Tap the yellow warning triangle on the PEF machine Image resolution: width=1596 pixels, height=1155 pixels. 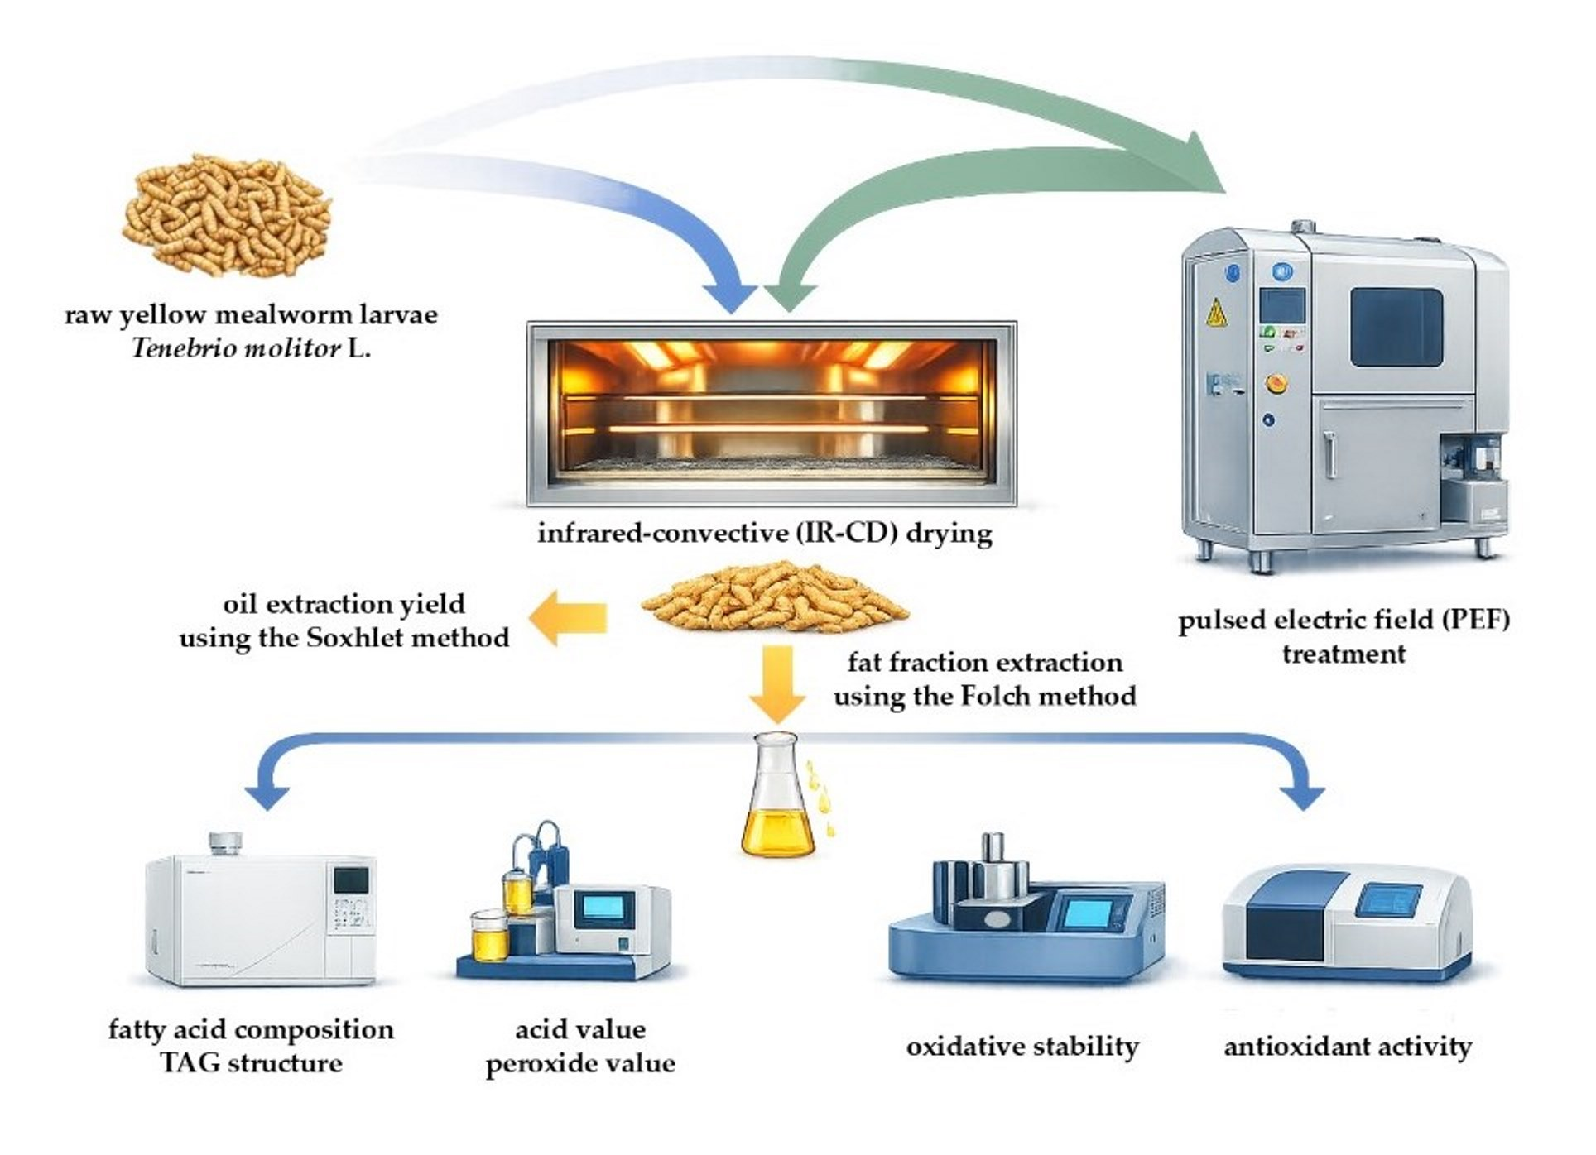[x=1216, y=313]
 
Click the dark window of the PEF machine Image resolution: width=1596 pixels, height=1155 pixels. [x=1396, y=328]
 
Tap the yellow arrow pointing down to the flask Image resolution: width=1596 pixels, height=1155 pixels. [x=777, y=684]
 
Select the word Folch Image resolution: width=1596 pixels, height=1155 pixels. [x=996, y=696]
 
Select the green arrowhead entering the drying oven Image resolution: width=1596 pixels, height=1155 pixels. [x=790, y=297]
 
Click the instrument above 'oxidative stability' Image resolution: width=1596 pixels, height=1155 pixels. [x=1026, y=918]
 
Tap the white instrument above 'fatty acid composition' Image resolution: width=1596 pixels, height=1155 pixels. [x=261, y=918]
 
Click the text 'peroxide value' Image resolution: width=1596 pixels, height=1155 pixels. [x=580, y=1064]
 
